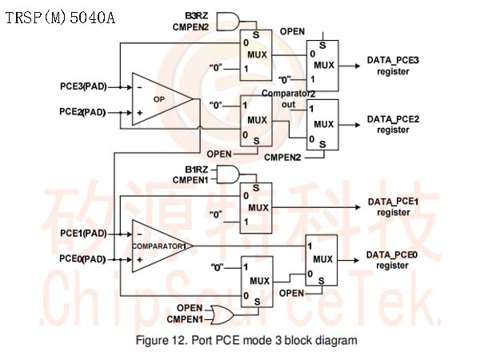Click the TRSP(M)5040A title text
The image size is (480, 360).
click(60, 18)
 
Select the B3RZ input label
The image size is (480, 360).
click(196, 16)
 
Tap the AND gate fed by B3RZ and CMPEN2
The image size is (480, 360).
click(228, 22)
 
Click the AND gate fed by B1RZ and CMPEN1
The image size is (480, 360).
click(228, 174)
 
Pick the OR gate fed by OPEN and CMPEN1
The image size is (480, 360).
click(222, 314)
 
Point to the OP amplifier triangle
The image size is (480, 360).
click(162, 99)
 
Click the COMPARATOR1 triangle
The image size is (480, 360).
click(162, 246)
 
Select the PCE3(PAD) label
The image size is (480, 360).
click(83, 86)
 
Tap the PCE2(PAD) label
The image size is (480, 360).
click(82, 112)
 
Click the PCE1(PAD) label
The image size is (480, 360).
click(83, 234)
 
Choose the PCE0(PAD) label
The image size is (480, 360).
click(82, 259)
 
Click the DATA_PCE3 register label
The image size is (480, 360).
click(393, 66)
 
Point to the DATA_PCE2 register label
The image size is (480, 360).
click(393, 124)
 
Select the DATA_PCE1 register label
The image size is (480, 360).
click(394, 207)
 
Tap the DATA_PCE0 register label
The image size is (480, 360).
click(392, 260)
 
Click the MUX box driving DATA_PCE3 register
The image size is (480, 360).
click(322, 66)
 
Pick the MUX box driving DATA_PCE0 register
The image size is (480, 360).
click(322, 260)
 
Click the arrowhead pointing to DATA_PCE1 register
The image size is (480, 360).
click(358, 207)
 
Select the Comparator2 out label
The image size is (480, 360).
click(288, 99)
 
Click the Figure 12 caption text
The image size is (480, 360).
click(246, 341)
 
